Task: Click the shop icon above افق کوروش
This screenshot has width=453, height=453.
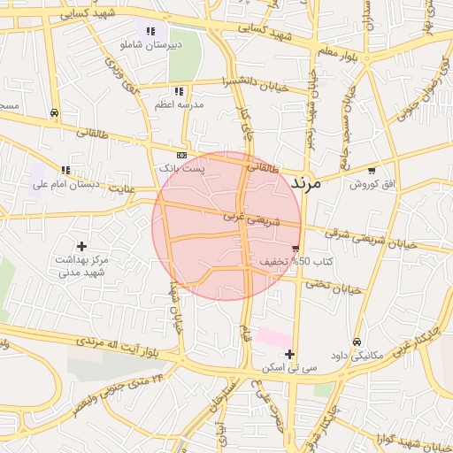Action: (x=371, y=170)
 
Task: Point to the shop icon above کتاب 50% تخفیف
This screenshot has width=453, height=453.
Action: (x=296, y=249)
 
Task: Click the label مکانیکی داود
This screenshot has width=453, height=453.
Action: (x=357, y=355)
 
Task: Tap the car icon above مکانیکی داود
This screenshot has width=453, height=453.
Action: (x=357, y=342)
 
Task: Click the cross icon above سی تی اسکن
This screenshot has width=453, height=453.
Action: (x=289, y=354)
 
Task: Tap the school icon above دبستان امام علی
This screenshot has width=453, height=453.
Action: (x=65, y=170)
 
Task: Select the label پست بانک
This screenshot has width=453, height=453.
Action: (x=180, y=167)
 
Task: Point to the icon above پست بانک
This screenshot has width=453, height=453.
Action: (x=181, y=154)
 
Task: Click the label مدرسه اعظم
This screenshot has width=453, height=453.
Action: (x=180, y=104)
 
